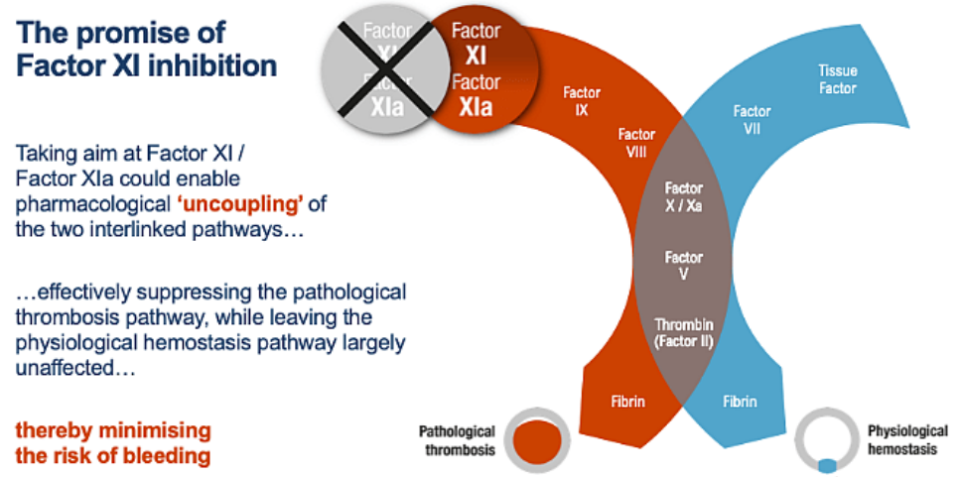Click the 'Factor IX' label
coord(582,101)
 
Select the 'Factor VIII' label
coord(636,143)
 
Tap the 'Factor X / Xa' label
coord(683,195)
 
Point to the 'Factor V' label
coord(683,266)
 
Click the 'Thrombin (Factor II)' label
coord(683,332)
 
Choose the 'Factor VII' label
coord(752,118)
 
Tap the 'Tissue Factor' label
coord(837,79)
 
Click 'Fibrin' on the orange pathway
coord(626,403)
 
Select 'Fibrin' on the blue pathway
coord(739,403)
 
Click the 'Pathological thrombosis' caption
coord(457,439)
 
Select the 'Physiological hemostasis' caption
coord(904,439)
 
